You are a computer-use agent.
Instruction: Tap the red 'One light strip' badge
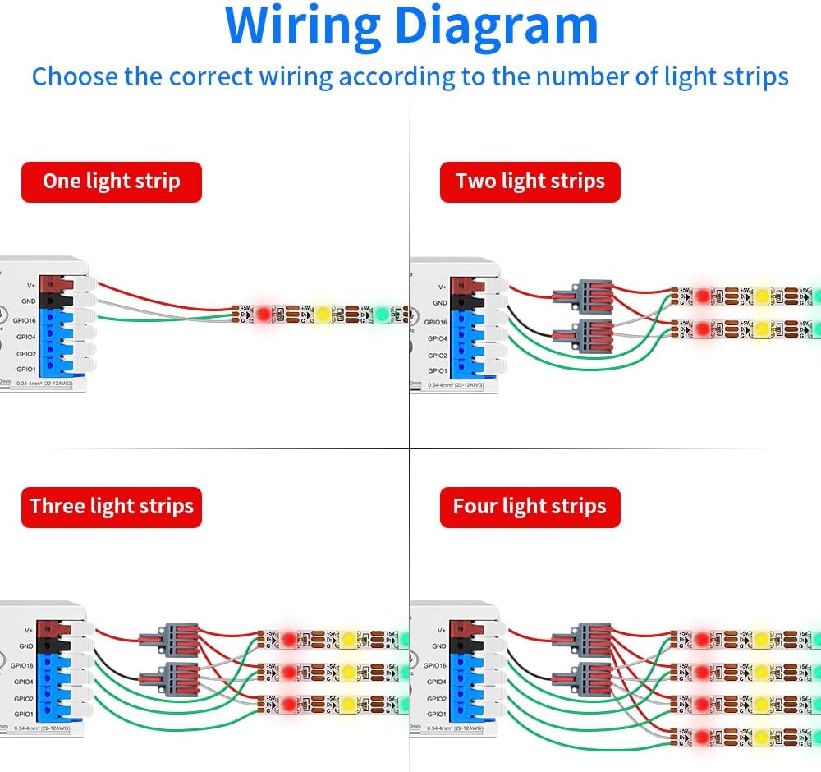coord(111,182)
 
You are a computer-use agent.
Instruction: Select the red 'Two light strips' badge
coord(530,182)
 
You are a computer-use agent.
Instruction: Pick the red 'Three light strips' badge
coord(111,506)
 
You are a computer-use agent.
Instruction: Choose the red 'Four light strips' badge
coord(530,506)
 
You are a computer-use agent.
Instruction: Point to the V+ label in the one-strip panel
coord(30,285)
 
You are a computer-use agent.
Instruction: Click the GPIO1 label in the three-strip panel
coord(25,715)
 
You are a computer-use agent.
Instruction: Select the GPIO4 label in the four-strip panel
coord(437,682)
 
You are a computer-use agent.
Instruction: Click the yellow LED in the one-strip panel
coord(323,314)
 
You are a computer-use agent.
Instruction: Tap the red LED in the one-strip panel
coord(264,314)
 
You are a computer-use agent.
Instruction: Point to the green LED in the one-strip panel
coord(382,314)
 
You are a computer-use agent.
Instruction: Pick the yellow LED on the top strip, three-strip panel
coord(348,638)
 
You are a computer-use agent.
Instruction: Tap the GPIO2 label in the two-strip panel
coord(437,356)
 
